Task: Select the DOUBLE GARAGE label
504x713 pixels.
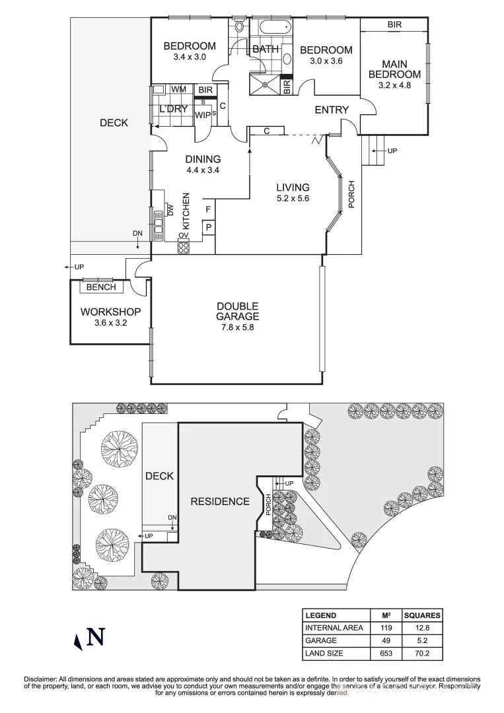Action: (237, 311)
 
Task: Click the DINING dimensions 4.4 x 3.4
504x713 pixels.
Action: (202, 170)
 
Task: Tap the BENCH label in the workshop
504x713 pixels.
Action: (101, 287)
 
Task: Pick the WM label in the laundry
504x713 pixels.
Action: (178, 89)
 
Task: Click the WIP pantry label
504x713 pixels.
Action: (203, 114)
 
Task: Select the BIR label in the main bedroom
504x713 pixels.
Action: (394, 24)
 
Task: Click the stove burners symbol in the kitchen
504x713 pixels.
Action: (184, 248)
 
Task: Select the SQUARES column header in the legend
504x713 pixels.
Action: (422, 615)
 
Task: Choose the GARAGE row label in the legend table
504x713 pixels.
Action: (320, 640)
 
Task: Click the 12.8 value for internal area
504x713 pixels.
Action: (422, 628)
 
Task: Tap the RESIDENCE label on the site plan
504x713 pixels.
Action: (220, 501)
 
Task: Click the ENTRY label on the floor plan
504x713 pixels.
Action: (331, 110)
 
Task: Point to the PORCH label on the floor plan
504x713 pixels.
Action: (351, 194)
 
